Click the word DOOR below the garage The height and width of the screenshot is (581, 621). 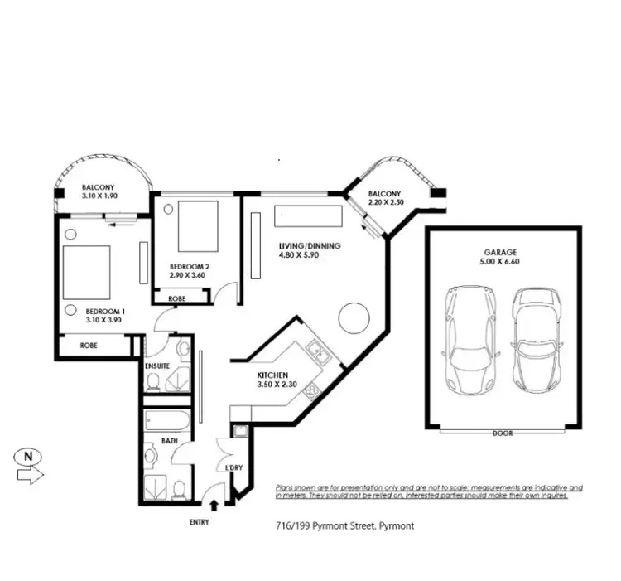[x=503, y=433]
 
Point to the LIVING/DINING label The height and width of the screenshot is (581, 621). [x=310, y=245]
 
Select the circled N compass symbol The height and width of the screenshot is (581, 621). [x=29, y=456]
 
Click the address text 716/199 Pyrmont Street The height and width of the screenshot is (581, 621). [x=344, y=526]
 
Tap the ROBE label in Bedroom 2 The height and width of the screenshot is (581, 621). [x=176, y=298]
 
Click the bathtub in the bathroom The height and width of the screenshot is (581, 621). [x=168, y=421]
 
